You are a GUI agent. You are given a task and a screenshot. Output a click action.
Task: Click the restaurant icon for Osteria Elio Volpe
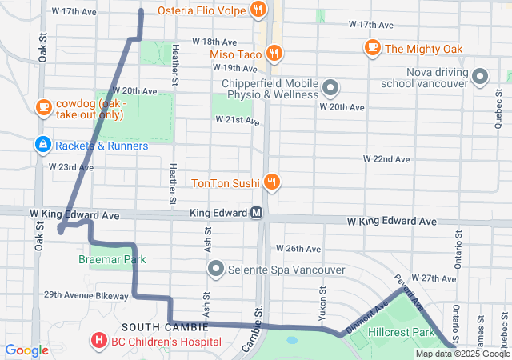pos(258,10)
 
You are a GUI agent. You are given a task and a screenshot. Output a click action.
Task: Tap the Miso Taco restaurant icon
pos(274,54)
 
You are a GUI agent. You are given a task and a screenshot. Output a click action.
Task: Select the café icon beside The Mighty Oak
pos(372,48)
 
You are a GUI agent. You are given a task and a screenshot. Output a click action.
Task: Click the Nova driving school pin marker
pos(480,77)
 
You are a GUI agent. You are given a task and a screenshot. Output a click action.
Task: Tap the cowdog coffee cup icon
pos(43,106)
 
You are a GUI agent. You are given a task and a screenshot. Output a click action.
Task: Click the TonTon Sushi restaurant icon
pos(272,182)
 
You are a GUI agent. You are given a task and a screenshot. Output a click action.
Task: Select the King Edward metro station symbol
pos(257,214)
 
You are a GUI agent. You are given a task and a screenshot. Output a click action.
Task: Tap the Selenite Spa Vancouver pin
pos(215,269)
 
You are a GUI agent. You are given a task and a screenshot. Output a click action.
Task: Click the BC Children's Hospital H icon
pos(99,342)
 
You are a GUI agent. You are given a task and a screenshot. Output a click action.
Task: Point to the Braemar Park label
pos(112,260)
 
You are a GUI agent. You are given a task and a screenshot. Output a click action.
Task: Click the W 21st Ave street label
pos(238,120)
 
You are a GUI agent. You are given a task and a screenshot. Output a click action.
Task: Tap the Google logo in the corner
pos(27,350)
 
